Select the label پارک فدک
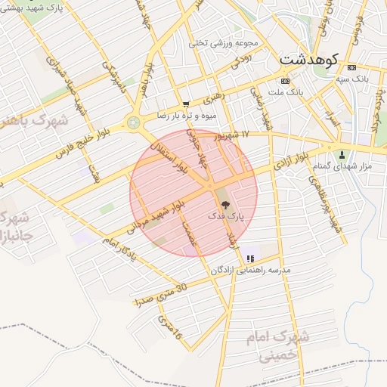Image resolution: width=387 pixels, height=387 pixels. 226,217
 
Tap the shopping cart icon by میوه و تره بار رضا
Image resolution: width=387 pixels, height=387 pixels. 186,104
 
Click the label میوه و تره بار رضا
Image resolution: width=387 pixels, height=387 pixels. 187,116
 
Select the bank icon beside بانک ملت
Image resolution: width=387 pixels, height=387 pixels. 284,81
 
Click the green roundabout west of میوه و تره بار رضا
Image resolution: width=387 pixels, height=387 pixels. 135,122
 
